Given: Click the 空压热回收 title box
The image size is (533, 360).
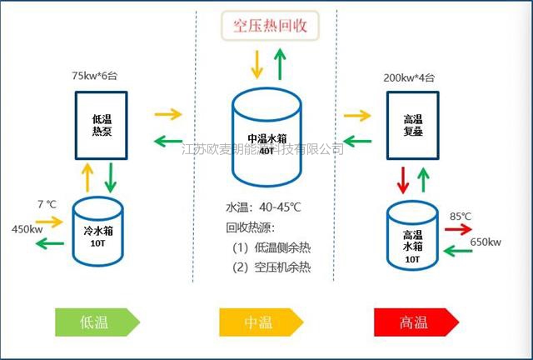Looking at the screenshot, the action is pos(270,26).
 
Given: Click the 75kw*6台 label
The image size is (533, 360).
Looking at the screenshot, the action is pos(94,76).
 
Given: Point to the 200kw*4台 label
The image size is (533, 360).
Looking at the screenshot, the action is pos(409,77).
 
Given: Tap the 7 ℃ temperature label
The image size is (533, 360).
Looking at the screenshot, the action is pos(47,204).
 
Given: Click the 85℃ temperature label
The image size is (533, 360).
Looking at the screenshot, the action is pos(461,216).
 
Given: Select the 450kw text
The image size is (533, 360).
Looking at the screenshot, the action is pos(27,229).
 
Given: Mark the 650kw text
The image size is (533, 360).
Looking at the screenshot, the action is pos(486,242).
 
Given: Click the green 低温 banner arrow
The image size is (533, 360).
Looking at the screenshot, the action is pos(97,322).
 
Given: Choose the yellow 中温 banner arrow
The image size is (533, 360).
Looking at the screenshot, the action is pos(261,322).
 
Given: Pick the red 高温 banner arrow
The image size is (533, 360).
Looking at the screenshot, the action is pos(416,322).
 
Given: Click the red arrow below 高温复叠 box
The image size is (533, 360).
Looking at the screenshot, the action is pos(403,180).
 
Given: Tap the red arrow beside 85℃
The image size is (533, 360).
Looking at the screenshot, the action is pos(458,229).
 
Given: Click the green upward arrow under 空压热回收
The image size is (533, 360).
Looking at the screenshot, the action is pos(280,64).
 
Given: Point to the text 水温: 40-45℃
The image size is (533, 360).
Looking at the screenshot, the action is pos(263,207).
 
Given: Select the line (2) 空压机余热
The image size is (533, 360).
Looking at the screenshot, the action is pos(271,267).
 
